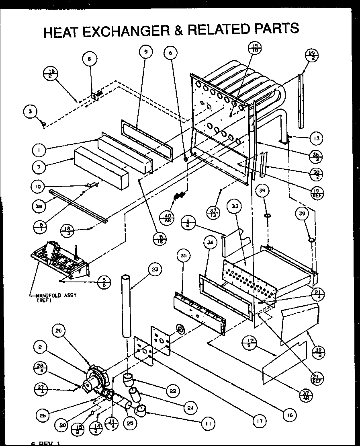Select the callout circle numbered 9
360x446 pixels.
click(146, 51)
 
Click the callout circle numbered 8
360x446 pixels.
click(90, 59)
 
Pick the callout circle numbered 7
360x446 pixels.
click(39, 165)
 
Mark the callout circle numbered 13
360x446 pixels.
click(316, 139)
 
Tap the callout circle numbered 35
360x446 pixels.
click(183, 256)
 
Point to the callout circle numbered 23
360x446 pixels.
click(154, 269)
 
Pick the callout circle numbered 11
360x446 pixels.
click(208, 423)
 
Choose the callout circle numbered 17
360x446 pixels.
click(260, 421)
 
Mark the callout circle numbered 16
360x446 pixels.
click(288, 415)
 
